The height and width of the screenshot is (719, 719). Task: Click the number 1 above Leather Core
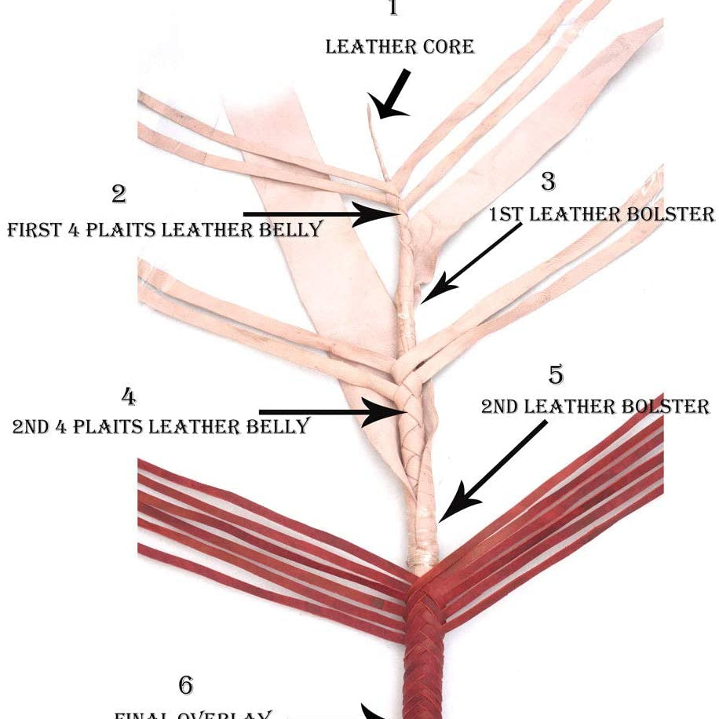pos(393,9)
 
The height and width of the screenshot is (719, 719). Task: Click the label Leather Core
pos(400,46)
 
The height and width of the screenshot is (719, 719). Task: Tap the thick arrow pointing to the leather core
pos(394,94)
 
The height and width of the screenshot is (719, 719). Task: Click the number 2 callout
pos(119,193)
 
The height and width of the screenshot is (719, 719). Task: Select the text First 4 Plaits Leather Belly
pos(165,229)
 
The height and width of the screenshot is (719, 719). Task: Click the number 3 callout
pos(548,181)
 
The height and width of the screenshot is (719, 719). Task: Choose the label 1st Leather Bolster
pos(602,214)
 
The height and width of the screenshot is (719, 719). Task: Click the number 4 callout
pos(129,396)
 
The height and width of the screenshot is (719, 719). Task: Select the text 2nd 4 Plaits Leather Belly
pos(161,426)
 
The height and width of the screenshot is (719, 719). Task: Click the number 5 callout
pos(556,375)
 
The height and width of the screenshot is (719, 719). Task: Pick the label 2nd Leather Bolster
pos(595,407)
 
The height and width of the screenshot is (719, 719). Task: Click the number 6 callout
pos(186,684)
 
